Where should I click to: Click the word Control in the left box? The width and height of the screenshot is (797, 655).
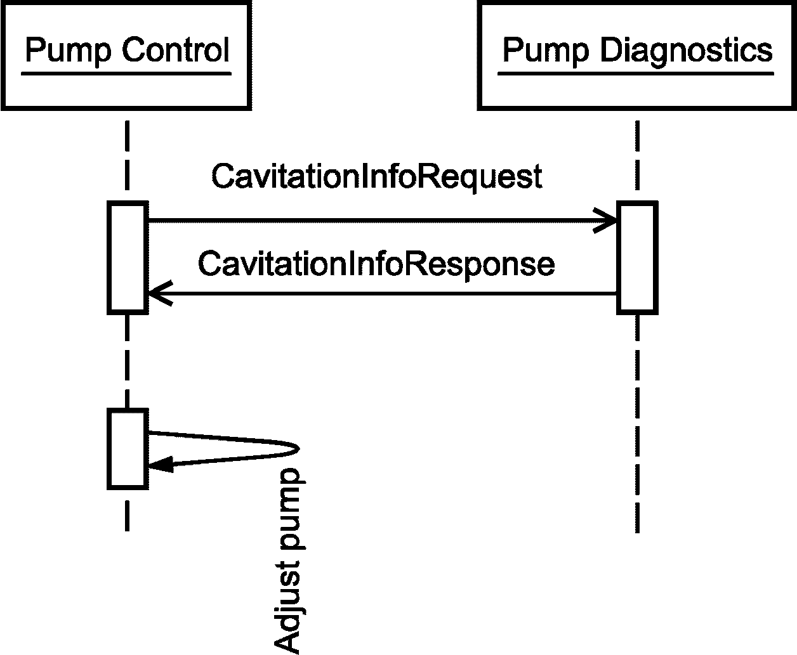click(x=176, y=49)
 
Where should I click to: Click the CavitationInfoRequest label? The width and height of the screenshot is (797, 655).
click(x=377, y=178)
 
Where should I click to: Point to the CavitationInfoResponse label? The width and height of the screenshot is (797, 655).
click(x=376, y=265)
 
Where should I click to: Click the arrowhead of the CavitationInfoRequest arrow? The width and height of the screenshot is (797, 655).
click(x=605, y=221)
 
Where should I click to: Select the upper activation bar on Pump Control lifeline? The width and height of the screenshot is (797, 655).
click(x=128, y=257)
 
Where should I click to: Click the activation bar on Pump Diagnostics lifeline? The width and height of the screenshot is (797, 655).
click(x=638, y=257)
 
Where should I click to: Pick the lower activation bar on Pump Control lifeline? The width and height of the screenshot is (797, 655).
click(x=128, y=449)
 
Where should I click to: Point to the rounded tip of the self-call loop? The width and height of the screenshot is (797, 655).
click(x=298, y=449)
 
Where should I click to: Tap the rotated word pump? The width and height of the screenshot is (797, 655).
click(x=293, y=509)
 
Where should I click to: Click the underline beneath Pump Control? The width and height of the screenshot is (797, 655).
click(x=126, y=74)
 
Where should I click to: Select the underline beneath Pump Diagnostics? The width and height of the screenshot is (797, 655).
click(x=636, y=74)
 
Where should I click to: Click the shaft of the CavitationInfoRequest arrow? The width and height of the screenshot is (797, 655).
click(x=382, y=221)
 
